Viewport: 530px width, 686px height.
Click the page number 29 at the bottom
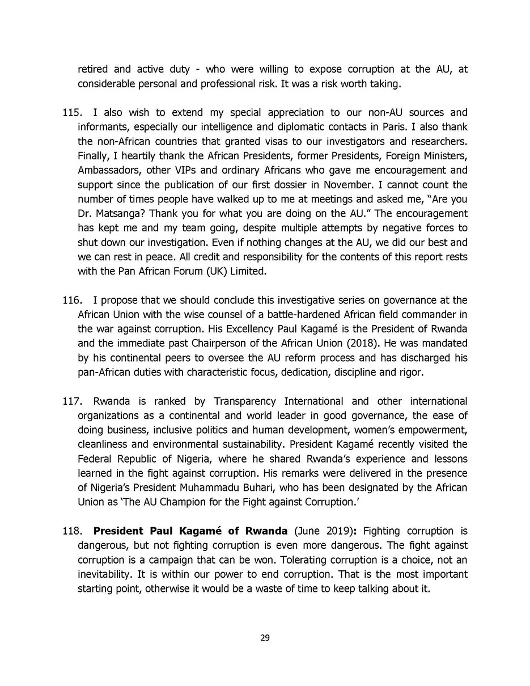tap(265, 638)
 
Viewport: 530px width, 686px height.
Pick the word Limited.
tap(247, 271)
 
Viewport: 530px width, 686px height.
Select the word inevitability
tap(104, 574)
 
